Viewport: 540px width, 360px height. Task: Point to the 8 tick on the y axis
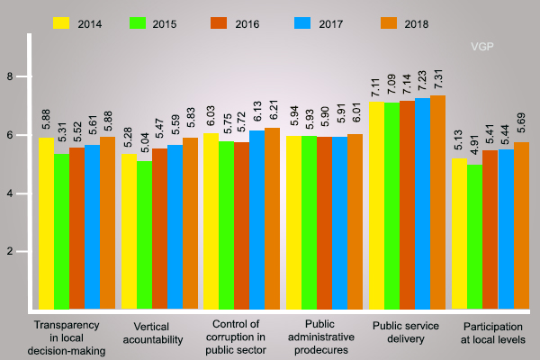[x=10, y=76]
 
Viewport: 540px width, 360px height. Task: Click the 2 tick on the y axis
[x=10, y=252]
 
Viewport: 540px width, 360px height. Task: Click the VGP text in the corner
[x=484, y=45]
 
